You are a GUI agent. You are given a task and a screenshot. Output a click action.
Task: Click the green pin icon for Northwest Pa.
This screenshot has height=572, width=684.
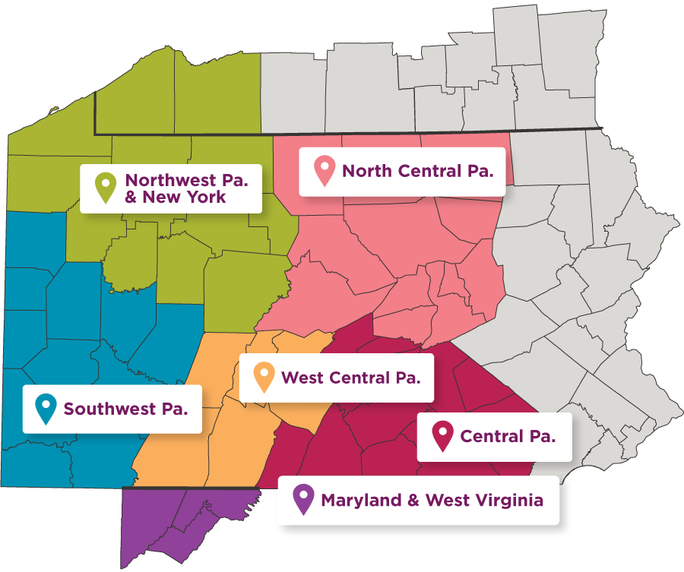(104, 186)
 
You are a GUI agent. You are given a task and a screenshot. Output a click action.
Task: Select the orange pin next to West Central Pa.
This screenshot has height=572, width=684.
(264, 376)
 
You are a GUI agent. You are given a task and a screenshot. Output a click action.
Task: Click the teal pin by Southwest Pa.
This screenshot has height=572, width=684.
(46, 408)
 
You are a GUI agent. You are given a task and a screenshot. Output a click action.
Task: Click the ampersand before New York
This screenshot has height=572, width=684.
(133, 197)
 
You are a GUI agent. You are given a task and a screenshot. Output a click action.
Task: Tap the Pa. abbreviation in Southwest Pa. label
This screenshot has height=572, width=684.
(175, 409)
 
